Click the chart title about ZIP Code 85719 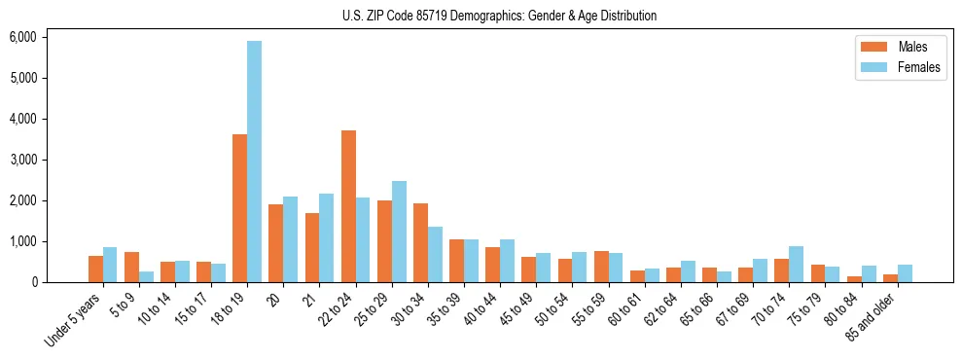499,16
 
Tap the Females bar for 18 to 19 254,162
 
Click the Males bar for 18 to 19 239,208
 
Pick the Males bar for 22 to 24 348,206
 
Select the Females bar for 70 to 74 797,265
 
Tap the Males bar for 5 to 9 131,268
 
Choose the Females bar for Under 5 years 110,265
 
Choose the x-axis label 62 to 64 662,309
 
